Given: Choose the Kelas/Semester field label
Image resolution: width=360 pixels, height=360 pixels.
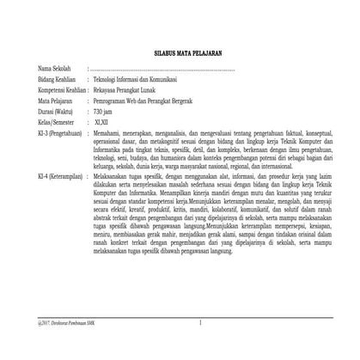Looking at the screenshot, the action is point(56,122).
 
